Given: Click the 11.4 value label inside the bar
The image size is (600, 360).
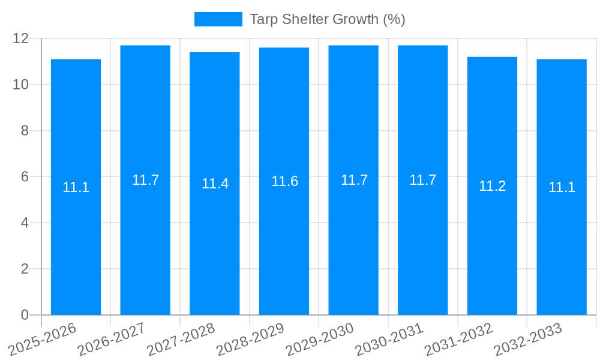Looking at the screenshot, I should [x=215, y=184].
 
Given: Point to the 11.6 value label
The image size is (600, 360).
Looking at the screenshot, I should [x=284, y=181].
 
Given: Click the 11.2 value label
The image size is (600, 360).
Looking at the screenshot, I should [x=492, y=186].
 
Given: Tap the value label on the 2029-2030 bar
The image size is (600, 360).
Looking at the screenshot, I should [x=354, y=180].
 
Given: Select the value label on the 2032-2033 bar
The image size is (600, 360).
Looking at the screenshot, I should [x=562, y=187].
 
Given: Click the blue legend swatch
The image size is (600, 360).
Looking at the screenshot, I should [x=218, y=19].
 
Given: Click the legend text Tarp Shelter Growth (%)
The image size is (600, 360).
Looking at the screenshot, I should [x=327, y=19].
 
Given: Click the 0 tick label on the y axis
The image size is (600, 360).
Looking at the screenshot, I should [x=25, y=315].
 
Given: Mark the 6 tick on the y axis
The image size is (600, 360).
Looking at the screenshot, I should [x=25, y=177].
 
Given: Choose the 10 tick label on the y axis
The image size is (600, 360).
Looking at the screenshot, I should [x=21, y=85].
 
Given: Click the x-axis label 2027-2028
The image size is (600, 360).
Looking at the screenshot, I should [x=181, y=340].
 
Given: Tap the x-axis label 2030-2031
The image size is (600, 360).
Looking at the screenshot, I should [x=389, y=340].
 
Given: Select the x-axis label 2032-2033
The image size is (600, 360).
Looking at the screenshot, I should [x=527, y=340].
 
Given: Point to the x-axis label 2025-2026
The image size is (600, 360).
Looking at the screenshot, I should [x=43, y=340].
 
